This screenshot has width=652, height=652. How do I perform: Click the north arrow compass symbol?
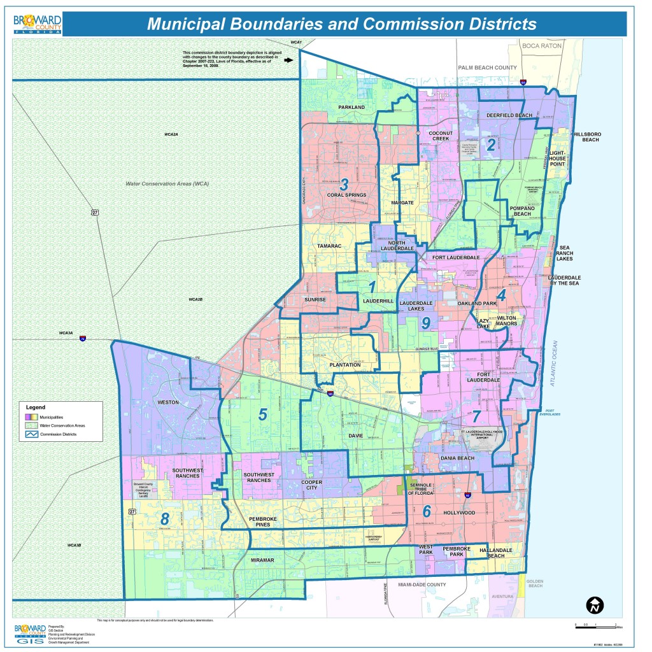coord(595,605)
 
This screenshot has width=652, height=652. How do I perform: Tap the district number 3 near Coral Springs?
coord(344,185)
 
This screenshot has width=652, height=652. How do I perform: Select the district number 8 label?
coord(165,519)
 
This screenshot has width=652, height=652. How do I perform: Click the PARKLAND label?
coord(351,107)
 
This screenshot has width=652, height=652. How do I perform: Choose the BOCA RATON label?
coord(542,46)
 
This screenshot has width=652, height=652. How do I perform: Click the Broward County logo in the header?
coord(38,24)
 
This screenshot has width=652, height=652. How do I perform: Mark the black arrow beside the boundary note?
coord(288,60)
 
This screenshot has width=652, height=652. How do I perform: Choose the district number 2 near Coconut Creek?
coord(491,145)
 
